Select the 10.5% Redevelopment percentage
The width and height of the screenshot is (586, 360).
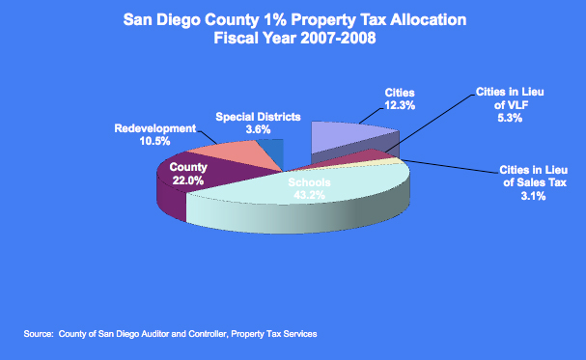(x=154, y=140)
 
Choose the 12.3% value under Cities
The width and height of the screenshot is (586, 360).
(x=391, y=104)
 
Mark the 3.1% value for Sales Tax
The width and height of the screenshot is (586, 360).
(x=534, y=196)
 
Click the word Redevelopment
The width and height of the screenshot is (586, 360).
(x=155, y=127)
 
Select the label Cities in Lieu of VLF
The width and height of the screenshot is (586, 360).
(x=513, y=101)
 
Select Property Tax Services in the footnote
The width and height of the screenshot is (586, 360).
(x=280, y=334)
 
